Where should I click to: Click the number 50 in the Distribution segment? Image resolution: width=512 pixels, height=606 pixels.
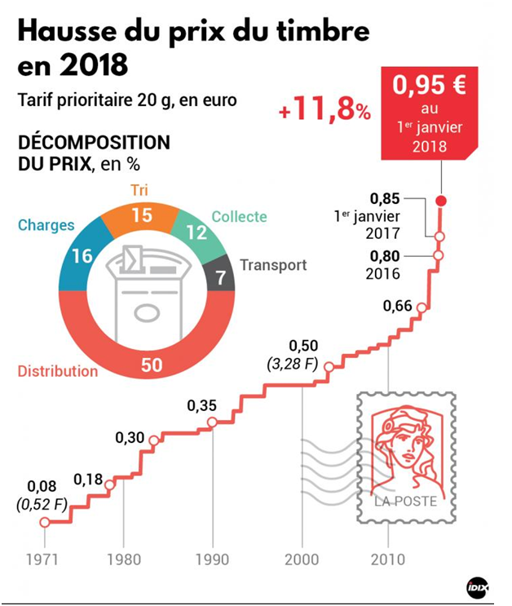pyautogui.click(x=151, y=364)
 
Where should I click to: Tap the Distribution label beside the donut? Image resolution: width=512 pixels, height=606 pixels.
pyautogui.click(x=57, y=371)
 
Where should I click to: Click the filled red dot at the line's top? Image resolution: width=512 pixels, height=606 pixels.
pyautogui.click(x=440, y=201)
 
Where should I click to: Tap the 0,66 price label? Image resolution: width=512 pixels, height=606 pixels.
pyautogui.click(x=397, y=306)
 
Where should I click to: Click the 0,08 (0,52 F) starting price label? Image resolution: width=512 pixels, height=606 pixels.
pyautogui.click(x=41, y=495)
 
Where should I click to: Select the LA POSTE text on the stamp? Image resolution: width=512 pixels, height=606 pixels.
pyautogui.click(x=405, y=501)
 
